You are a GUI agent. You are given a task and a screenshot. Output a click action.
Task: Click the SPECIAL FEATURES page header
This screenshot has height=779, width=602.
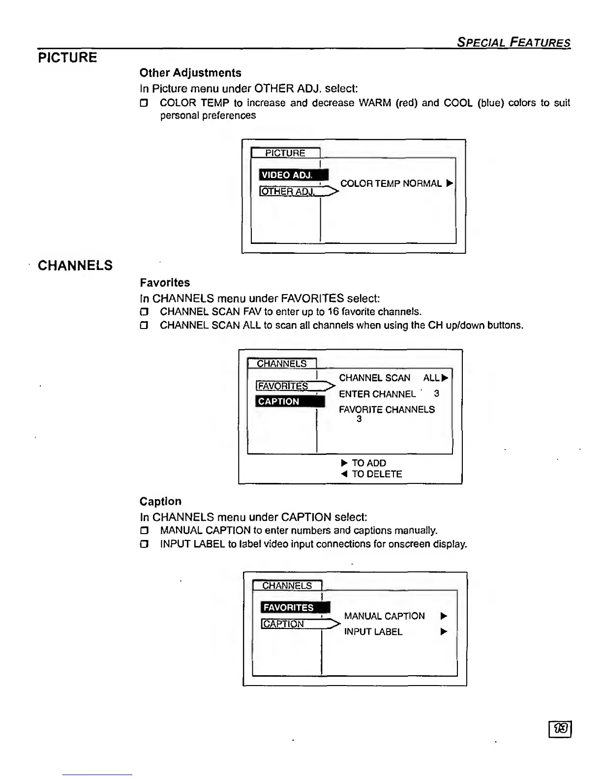(x=513, y=42)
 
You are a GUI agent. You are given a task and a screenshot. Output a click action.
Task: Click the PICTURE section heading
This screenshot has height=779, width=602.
(x=67, y=58)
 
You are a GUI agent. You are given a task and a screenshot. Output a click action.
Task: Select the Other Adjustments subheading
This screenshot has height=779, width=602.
(x=190, y=73)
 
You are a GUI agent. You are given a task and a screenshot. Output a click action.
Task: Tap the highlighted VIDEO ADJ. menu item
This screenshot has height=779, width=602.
(x=293, y=175)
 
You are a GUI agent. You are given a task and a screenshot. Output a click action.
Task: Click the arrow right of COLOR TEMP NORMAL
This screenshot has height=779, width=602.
(x=449, y=183)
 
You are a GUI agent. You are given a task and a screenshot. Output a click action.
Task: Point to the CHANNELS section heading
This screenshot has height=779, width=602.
(x=75, y=266)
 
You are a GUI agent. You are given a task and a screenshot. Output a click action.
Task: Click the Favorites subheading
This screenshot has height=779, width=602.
(x=165, y=283)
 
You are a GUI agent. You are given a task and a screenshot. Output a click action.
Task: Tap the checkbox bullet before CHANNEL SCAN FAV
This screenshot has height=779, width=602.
(x=144, y=312)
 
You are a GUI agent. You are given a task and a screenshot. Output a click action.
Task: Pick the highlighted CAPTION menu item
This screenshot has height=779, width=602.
(x=290, y=401)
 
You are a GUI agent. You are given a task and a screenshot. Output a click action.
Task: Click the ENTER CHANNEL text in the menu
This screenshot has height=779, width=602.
(x=377, y=394)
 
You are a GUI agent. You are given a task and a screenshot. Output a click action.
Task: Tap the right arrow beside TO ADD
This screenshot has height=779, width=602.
(x=344, y=463)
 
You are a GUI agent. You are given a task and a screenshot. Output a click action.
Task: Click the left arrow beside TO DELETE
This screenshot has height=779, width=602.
(x=344, y=474)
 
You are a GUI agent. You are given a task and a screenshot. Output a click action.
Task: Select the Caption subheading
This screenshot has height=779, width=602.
(x=160, y=502)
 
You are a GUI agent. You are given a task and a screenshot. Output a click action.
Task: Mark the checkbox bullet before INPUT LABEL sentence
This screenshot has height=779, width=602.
(x=144, y=544)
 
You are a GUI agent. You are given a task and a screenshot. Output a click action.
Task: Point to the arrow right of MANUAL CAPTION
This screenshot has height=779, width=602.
(x=444, y=616)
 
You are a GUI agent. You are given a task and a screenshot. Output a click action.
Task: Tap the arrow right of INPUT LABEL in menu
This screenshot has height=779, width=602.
(x=444, y=632)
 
